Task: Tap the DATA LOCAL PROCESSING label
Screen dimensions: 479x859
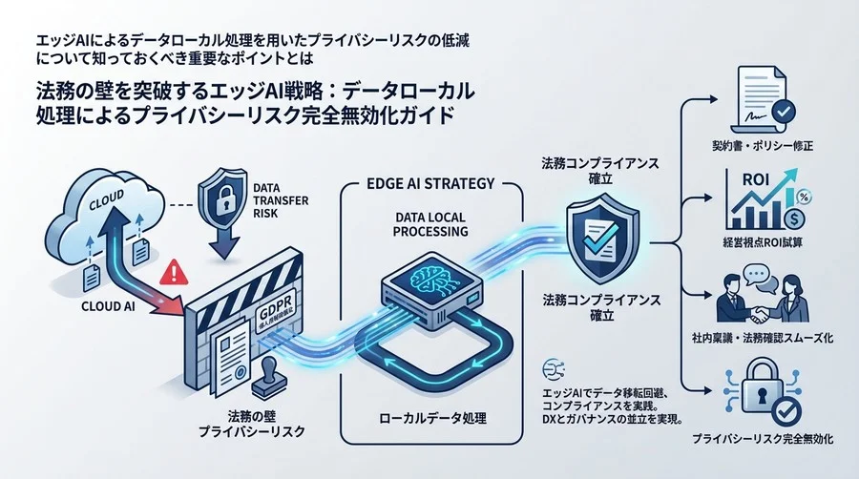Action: (x=430, y=223)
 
